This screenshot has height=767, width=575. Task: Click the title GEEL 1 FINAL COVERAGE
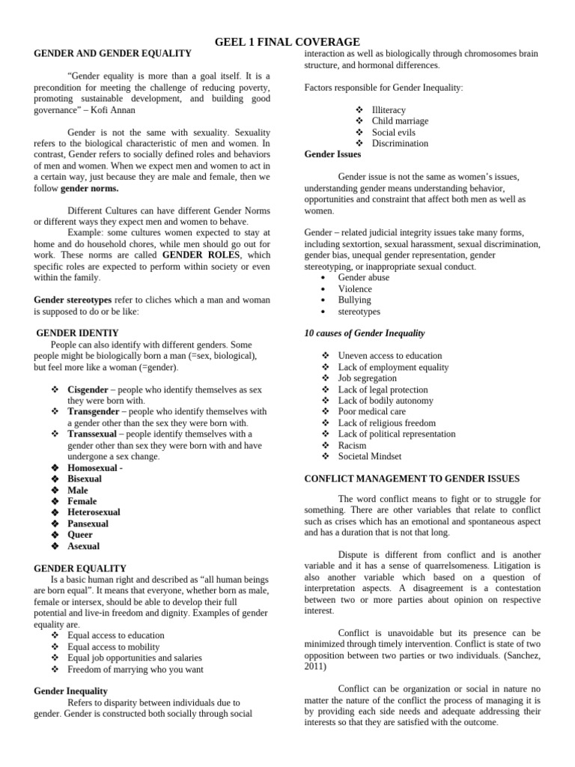(287, 42)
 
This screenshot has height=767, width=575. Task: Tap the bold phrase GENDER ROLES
(196, 255)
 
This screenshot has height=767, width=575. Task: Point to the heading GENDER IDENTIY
(78, 333)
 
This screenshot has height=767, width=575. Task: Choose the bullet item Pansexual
(88, 524)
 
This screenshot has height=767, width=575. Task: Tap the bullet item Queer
(80, 535)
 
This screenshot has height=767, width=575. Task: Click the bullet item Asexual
(83, 546)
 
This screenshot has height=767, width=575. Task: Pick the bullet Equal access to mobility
(113, 646)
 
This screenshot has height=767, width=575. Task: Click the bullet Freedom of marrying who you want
(135, 669)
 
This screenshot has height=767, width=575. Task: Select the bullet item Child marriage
(400, 121)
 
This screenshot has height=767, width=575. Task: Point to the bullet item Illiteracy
(389, 109)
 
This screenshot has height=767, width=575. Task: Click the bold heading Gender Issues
(332, 154)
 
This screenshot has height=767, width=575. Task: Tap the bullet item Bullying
(355, 300)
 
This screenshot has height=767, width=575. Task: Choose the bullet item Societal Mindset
(370, 456)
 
